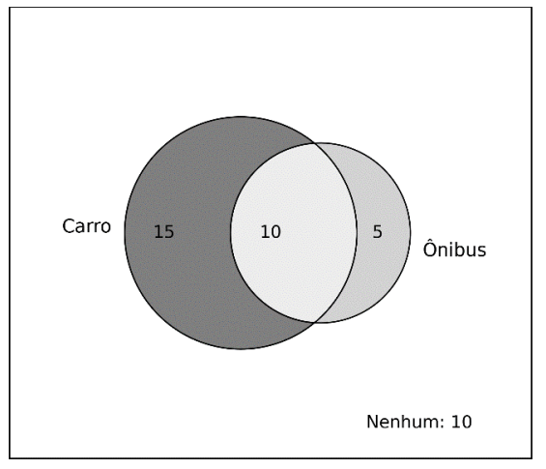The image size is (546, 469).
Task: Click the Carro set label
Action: point(87,226)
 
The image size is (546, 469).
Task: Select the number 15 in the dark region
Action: point(164,232)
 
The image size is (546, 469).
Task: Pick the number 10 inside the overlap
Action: point(271,232)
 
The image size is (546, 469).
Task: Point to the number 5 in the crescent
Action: point(378,232)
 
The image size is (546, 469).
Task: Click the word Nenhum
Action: point(404,422)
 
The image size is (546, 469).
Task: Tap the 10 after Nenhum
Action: point(462,422)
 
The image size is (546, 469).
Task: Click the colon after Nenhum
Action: point(444,424)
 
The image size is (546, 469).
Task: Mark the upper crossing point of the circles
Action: point(314,143)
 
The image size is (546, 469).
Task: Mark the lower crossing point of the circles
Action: point(314,322)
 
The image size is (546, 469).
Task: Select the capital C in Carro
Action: point(69,226)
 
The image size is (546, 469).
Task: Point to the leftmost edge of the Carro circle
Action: point(125,233)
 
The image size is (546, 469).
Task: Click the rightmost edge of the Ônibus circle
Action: point(410,233)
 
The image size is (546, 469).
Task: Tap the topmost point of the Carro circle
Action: point(241,117)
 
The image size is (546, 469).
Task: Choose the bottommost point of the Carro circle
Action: point(241,349)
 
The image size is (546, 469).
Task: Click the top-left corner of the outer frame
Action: point(10,8)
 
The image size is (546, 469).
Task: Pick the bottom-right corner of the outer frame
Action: point(532,457)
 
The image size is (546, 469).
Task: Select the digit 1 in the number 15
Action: point(158,232)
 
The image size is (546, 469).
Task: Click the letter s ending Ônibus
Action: point(482,250)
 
